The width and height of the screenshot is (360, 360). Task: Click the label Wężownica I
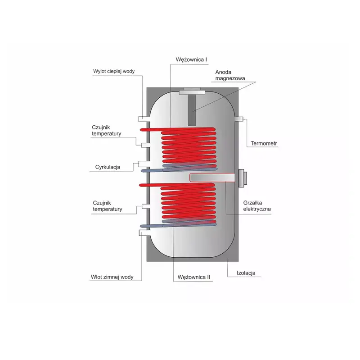tap(191, 60)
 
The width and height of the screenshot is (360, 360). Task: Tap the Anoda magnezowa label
tap(230, 75)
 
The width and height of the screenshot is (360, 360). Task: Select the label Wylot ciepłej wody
tap(114, 71)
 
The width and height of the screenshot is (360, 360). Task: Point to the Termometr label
tap(264, 143)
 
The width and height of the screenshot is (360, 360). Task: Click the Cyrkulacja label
tap(108, 167)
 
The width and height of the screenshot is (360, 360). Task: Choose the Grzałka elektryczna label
tap(257, 206)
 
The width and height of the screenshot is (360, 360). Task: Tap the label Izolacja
tap(246, 273)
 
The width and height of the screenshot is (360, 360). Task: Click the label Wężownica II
tap(194, 277)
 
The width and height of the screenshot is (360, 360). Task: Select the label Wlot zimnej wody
tap(112, 277)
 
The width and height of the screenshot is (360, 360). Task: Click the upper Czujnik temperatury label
tap(107, 131)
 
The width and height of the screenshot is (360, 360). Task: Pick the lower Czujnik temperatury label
tap(108, 206)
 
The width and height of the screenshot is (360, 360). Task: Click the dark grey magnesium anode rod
tap(192, 110)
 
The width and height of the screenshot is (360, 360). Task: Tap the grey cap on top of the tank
tap(192, 91)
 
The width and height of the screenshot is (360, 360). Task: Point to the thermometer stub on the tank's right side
tap(239, 119)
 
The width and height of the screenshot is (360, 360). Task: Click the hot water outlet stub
tap(144, 119)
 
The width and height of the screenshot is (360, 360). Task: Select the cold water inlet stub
tap(144, 233)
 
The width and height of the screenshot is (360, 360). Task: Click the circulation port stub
tap(144, 164)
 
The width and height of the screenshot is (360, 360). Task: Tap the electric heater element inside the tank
tap(212, 178)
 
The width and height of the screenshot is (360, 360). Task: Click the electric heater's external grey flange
tap(242, 178)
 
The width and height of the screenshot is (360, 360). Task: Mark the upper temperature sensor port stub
tap(145, 145)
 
